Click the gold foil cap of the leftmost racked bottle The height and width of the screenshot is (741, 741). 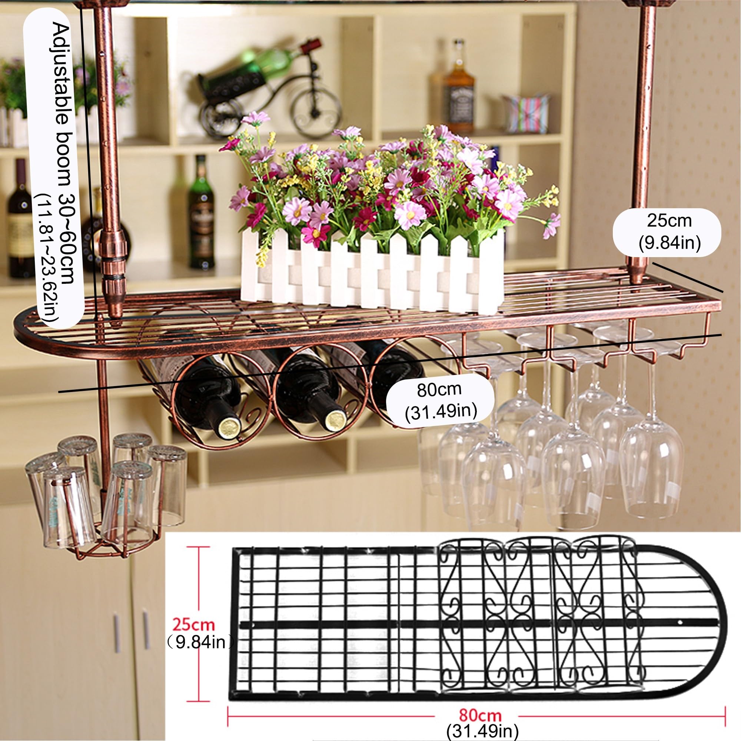click(229, 426)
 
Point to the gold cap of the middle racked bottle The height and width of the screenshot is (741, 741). click(336, 420)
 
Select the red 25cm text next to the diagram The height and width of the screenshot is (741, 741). click(193, 624)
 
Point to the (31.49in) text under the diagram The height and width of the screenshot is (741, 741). click(482, 731)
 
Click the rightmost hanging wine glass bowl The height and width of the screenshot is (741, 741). click(651, 471)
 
